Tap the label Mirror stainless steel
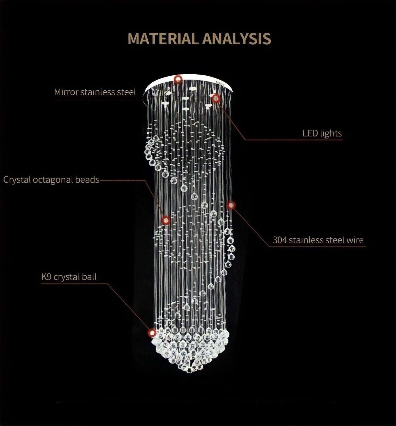tap(95, 92)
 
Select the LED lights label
tap(322, 133)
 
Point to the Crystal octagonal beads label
tap(51, 180)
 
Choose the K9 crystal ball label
tap(69, 277)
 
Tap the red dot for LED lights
tap(216, 98)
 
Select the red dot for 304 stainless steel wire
tap(231, 205)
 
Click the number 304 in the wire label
tap(280, 240)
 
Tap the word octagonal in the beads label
tap(53, 180)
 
